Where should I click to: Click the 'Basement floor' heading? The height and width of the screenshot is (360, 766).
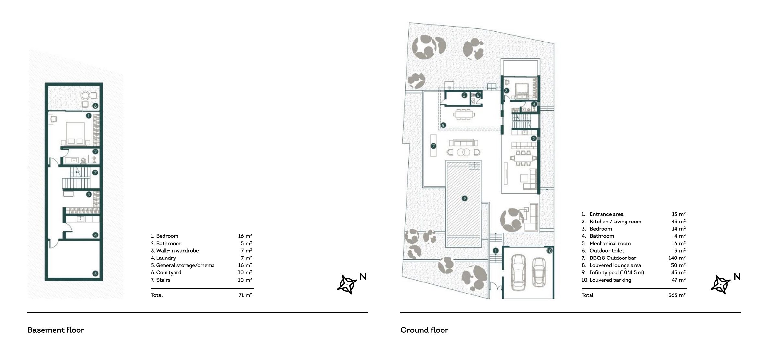click(x=56, y=330)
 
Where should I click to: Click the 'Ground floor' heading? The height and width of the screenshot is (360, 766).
click(x=424, y=330)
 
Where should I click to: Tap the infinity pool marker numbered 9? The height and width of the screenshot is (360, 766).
click(x=464, y=198)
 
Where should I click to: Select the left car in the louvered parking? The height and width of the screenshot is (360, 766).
click(x=518, y=272)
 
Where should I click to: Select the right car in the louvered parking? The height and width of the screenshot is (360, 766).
click(x=539, y=272)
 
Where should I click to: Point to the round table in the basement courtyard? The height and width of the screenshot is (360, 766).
click(x=86, y=96)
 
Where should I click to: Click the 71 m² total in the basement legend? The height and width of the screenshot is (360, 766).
click(x=245, y=295)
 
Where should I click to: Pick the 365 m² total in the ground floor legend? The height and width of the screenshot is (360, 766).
click(x=677, y=295)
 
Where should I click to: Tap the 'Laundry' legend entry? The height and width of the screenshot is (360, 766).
click(x=164, y=258)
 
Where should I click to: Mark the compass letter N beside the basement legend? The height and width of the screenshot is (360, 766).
click(x=363, y=276)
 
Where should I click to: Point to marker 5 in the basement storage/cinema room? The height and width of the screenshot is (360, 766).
click(x=95, y=273)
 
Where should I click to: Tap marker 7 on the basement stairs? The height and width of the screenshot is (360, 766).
click(x=95, y=173)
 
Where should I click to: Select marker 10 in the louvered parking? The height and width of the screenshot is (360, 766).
click(x=549, y=251)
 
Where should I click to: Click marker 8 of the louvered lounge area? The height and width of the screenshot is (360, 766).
click(x=443, y=125)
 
